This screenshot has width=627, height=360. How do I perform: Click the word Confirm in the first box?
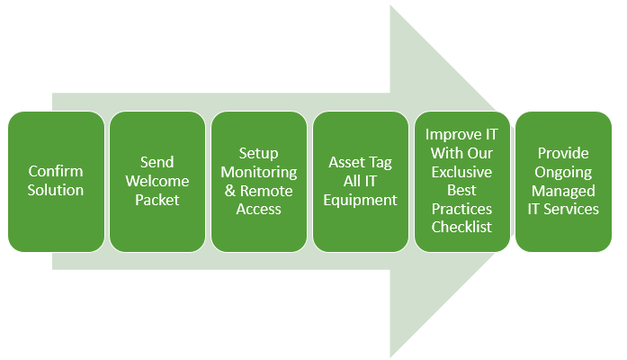tap(56, 171)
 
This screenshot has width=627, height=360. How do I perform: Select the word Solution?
tap(56, 190)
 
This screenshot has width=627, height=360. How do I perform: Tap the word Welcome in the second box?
tap(157, 181)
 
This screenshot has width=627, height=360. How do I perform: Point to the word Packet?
tap(157, 200)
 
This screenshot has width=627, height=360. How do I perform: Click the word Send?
tap(157, 162)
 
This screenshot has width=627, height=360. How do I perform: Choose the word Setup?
tap(259, 154)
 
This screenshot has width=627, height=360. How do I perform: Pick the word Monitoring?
tap(259, 173)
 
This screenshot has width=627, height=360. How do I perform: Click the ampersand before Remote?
tap(230, 191)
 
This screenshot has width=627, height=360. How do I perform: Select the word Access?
tap(259, 209)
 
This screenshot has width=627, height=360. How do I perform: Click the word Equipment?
tap(361, 200)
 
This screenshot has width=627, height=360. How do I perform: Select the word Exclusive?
tap(461, 172)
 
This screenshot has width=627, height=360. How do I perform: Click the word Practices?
tap(461, 209)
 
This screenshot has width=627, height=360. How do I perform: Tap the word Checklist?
tap(461, 227)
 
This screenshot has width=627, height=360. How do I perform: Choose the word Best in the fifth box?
tap(461, 191)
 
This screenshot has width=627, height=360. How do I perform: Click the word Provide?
tap(563, 153)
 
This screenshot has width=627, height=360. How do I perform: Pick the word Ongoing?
tap(563, 173)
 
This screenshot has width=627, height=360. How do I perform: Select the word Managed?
tap(563, 191)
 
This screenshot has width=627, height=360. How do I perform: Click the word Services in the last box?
tap(571, 209)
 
